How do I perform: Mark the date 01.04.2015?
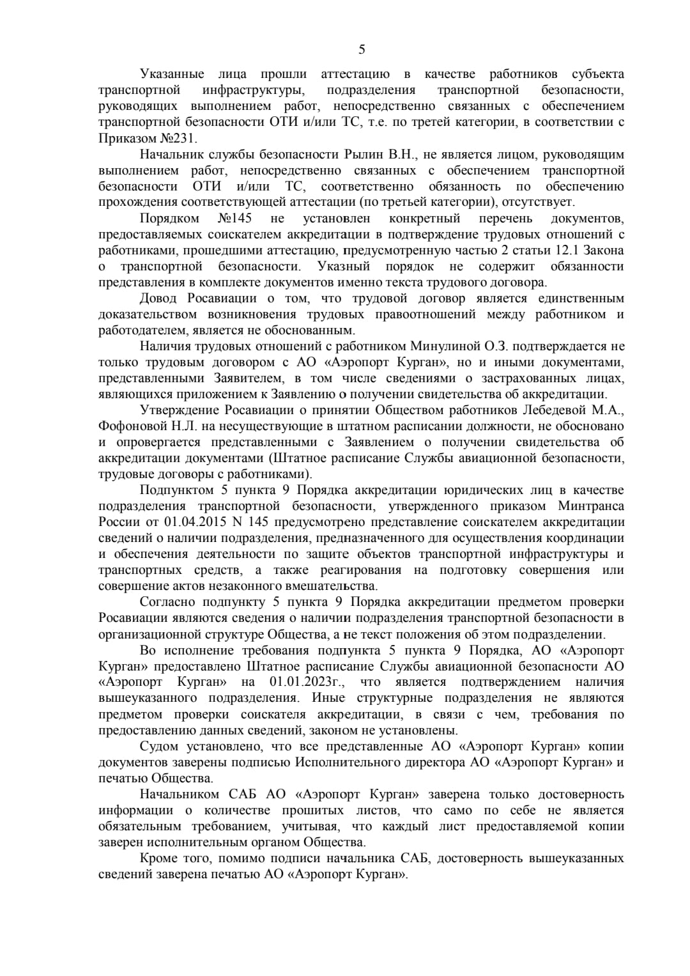194,522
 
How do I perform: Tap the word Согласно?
167,602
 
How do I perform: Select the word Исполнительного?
340,762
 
